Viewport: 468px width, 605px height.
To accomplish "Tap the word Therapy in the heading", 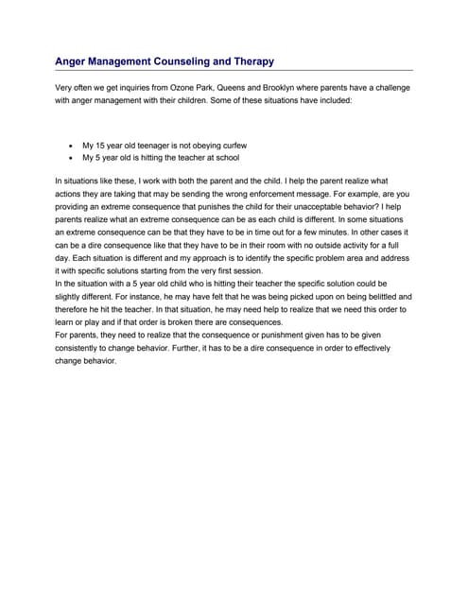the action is [251, 61].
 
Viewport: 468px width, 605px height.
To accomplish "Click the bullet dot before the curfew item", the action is [72, 146].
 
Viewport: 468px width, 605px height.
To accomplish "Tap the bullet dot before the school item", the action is [72, 158].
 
